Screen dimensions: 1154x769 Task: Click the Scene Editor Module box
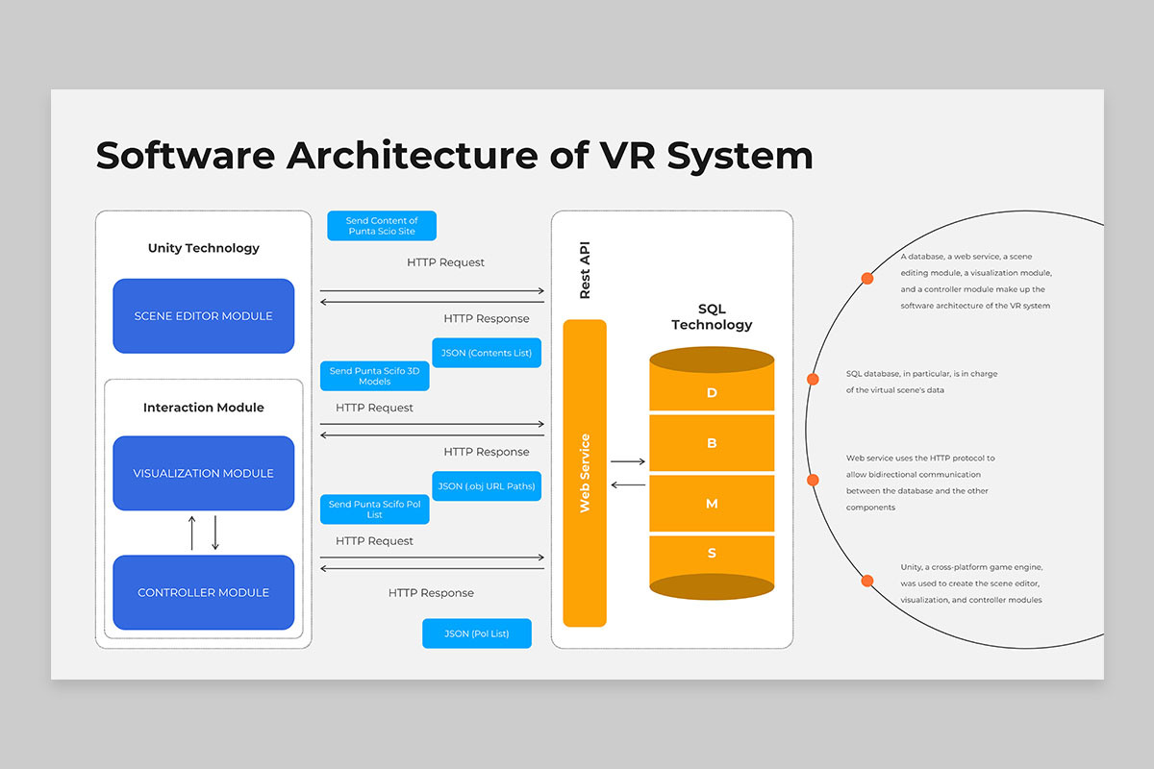point(204,315)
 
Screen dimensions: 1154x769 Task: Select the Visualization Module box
point(204,473)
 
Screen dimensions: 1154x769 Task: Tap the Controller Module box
point(204,592)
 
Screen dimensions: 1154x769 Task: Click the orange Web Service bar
point(585,473)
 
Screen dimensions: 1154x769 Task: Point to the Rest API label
point(585,270)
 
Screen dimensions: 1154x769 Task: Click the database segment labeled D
point(712,392)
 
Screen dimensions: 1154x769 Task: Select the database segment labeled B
point(712,443)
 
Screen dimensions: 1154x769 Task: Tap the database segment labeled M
point(712,504)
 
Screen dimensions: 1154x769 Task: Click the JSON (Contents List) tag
point(487,353)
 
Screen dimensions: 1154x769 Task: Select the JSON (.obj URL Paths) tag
point(487,486)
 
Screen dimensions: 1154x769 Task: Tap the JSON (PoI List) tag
point(477,633)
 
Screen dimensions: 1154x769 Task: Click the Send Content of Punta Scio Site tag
point(382,226)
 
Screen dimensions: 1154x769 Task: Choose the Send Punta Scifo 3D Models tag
point(374,376)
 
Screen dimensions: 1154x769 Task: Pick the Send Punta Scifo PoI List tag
point(374,509)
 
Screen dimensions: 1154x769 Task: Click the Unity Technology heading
point(204,248)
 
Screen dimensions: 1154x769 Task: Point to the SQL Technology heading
point(712,317)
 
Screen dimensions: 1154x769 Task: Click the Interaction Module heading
point(204,408)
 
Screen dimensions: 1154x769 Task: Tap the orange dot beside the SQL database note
point(813,379)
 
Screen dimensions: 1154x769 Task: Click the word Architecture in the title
point(413,156)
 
